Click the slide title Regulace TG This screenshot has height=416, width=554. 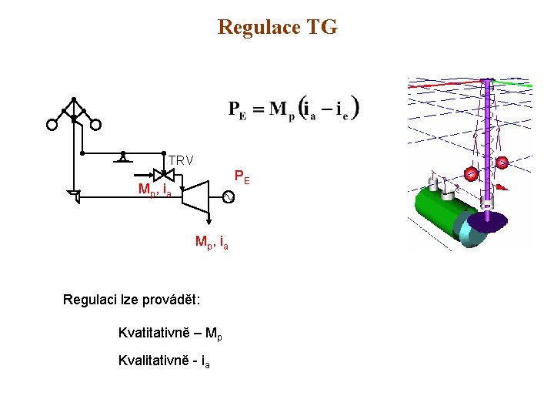tap(277, 28)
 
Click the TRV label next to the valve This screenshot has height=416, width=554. tap(181, 160)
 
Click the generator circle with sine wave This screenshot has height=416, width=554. tap(228, 198)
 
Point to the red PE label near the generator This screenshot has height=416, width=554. tap(242, 179)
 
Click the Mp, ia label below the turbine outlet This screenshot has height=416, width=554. tap(212, 243)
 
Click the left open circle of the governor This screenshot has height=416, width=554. tap(52, 125)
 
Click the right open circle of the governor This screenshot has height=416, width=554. tap(96, 125)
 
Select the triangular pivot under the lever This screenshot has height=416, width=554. tap(122, 158)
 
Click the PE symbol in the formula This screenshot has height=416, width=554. tap(238, 109)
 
